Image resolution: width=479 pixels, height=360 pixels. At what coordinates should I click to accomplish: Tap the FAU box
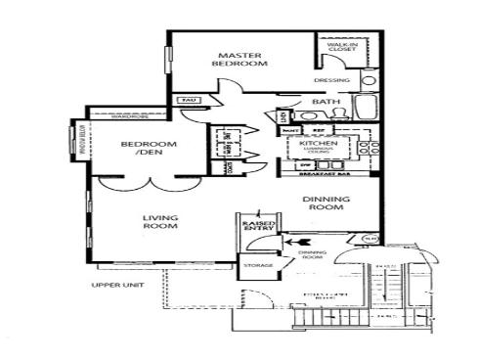pyautogui.click(x=187, y=100)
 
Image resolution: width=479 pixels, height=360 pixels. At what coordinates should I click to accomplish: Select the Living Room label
pyautogui.click(x=158, y=222)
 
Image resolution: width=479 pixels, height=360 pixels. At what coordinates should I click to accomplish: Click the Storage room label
pyautogui.click(x=258, y=265)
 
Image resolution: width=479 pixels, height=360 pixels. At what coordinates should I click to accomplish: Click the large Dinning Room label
pyautogui.click(x=328, y=203)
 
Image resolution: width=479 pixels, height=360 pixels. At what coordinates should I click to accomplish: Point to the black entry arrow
pyautogui.click(x=302, y=239)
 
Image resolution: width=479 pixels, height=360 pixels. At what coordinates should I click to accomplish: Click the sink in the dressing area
pyautogui.click(x=369, y=79)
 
